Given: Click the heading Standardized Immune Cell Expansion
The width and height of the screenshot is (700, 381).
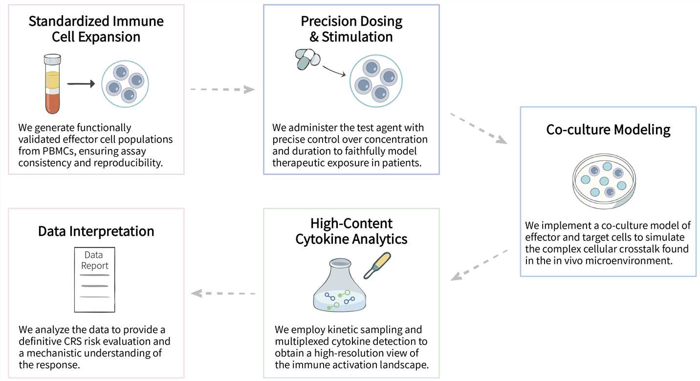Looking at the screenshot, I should (x=96, y=29).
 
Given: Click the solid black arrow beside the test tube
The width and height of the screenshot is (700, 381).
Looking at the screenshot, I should (x=81, y=84).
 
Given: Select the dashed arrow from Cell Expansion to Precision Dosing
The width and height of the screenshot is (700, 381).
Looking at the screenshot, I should (x=222, y=89).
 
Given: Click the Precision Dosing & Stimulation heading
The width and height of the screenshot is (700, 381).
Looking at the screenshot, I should (x=351, y=29).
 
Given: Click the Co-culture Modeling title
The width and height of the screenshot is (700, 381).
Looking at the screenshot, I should (x=608, y=130).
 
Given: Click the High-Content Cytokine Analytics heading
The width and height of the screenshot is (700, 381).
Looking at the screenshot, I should (x=351, y=231).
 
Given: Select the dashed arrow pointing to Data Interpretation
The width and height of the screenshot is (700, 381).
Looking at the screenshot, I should (x=223, y=294).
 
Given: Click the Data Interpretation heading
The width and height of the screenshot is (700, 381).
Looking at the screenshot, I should (x=96, y=231).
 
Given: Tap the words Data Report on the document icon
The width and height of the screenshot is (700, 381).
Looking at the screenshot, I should (x=94, y=260).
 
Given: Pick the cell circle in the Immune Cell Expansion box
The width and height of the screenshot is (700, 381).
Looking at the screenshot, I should (x=125, y=84).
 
